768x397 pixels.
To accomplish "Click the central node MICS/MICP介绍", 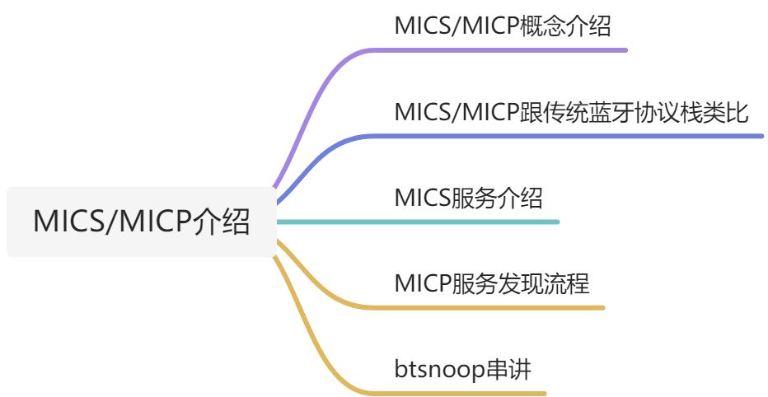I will [x=141, y=222].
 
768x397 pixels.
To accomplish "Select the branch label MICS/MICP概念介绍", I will [x=503, y=26].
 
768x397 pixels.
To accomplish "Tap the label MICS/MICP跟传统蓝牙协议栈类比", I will [x=571, y=111].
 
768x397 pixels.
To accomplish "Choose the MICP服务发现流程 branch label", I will [x=492, y=284].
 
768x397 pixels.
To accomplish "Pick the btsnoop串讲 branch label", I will [x=462, y=369].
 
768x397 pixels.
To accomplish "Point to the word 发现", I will [x=531, y=284].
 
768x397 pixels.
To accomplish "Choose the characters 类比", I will [x=728, y=111].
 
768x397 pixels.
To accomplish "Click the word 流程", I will [x=570, y=284].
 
